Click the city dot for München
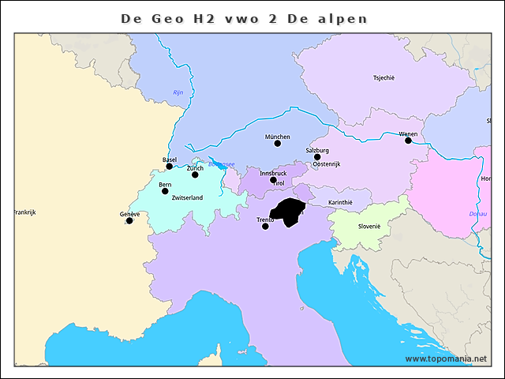[x=277, y=143]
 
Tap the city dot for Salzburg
[x=317, y=156]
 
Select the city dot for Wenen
[x=408, y=140]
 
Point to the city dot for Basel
[x=169, y=166]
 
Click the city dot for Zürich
[x=195, y=174]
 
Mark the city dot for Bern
[x=165, y=191]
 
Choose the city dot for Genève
[x=129, y=220]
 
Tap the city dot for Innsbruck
[x=273, y=179]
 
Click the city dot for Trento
[x=265, y=226]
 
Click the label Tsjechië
[x=383, y=77]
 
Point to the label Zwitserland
[x=187, y=198]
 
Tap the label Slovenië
[x=369, y=226]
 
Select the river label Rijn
[x=178, y=93]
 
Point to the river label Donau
[x=478, y=213]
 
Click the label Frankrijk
[x=25, y=212]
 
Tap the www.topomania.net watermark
[x=446, y=358]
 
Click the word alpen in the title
[x=341, y=18]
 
